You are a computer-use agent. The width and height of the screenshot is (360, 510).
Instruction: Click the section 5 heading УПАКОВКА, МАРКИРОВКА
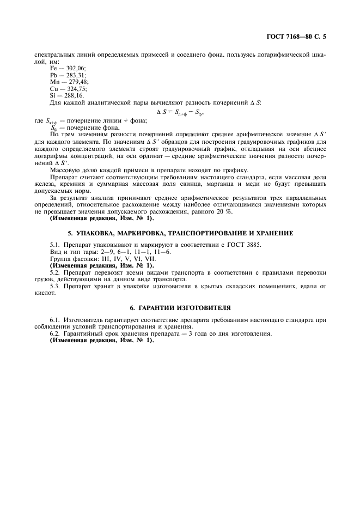click(180, 233)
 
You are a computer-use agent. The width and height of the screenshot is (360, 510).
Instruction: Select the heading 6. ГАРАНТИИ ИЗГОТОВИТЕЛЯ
click(180, 307)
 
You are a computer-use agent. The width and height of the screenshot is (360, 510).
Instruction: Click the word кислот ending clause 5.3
click(44, 293)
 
